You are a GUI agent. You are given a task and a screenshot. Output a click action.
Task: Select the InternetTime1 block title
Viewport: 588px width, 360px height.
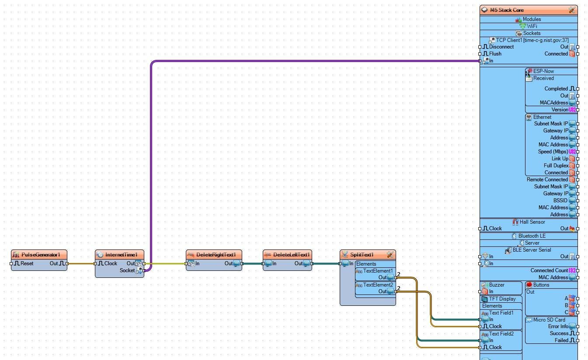coord(121,255)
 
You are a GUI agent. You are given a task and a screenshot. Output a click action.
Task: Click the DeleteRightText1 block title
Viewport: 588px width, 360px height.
coord(216,255)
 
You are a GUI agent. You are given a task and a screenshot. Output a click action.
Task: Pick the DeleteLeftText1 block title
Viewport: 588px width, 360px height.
coord(291,255)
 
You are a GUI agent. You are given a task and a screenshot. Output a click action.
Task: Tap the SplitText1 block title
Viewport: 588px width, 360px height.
coord(362,255)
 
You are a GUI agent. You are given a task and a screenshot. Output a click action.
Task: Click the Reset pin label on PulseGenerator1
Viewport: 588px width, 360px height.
coord(27,263)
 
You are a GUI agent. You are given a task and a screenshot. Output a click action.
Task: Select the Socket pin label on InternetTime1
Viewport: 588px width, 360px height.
coord(127,270)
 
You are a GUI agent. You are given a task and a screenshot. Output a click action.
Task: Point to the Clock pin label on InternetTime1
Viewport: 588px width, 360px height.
coord(111,263)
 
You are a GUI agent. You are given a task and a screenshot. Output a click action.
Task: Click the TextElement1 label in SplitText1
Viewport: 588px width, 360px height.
coord(378,271)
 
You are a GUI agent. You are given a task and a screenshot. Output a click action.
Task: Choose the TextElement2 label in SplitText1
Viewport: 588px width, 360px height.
coord(378,285)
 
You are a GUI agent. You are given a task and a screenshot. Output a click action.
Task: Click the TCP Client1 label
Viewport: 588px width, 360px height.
coord(532,40)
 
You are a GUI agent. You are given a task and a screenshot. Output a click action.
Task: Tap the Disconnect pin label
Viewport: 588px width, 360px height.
coord(501,47)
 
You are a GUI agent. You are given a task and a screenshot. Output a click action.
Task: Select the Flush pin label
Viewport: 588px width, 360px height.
coord(495,54)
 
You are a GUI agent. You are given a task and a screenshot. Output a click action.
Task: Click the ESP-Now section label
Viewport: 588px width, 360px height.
coord(543,71)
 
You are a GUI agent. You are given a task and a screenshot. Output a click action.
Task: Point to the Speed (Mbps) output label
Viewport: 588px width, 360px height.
coord(553,152)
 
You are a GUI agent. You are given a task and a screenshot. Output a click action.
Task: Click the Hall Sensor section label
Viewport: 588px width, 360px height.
coord(532,222)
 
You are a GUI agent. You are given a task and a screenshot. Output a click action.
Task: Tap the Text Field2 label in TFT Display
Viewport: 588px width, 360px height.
coord(501,334)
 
